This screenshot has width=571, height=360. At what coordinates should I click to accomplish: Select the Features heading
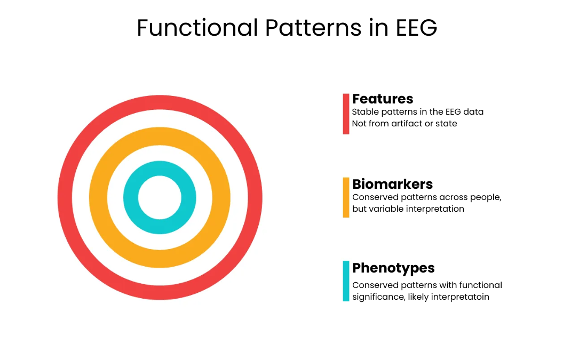(383, 99)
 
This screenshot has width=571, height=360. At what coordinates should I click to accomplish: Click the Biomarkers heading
(392, 184)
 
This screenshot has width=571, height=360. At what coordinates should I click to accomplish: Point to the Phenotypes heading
(393, 268)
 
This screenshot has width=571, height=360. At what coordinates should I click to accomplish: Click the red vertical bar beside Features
(346, 114)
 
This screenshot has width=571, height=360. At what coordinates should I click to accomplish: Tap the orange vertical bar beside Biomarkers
(346, 197)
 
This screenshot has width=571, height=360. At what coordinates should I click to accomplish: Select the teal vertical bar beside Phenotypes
(346, 281)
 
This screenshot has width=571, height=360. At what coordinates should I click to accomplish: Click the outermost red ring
(160, 103)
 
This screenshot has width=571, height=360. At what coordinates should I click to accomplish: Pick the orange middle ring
(160, 135)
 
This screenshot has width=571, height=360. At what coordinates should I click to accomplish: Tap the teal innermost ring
(160, 168)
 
